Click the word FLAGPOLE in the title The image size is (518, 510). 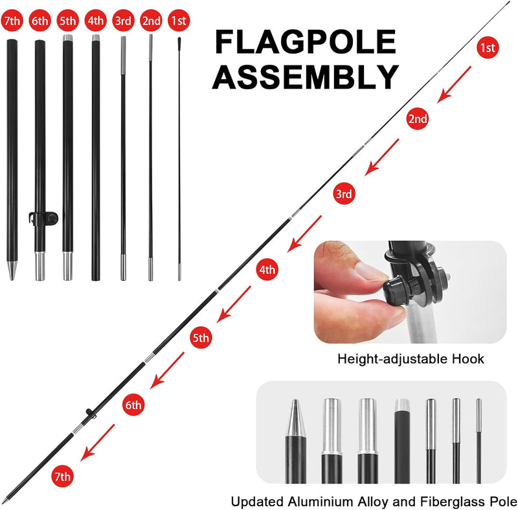[x=306, y=42]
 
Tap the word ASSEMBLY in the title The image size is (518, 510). [x=306, y=76]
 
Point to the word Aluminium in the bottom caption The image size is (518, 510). [x=320, y=502]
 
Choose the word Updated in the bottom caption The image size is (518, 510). [x=257, y=502]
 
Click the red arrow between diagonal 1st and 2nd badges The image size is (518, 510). [x=455, y=85]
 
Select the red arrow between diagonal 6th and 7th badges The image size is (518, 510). [x=98, y=443]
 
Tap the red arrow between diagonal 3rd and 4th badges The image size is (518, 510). [x=304, y=234]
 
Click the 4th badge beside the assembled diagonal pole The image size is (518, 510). [x=267, y=270]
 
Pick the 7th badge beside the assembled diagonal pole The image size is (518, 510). [x=62, y=476]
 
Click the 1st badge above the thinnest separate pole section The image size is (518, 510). [x=179, y=21]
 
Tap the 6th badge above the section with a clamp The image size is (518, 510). [x=39, y=21]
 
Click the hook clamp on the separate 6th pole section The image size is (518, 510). [x=43, y=219]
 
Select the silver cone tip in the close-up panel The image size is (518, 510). [x=295, y=418]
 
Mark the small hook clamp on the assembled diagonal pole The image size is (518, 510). [x=90, y=414]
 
